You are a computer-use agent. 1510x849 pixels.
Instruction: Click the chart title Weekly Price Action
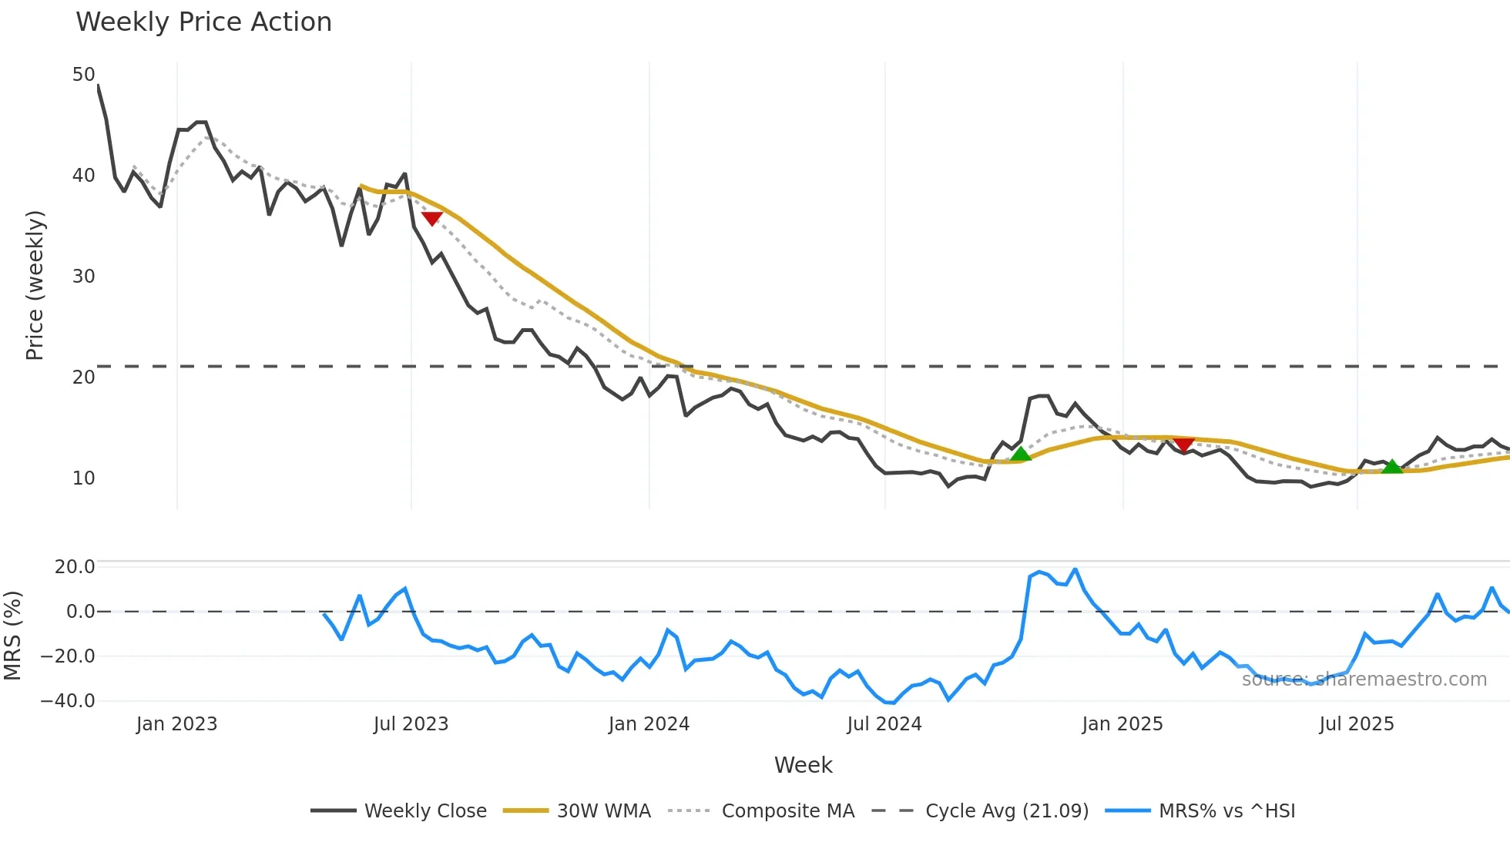[x=203, y=22]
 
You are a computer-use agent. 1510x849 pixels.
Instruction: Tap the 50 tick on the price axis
[x=83, y=75]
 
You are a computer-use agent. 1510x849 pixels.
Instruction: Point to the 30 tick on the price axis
[x=83, y=277]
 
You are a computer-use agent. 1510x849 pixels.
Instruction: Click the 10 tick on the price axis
[x=83, y=478]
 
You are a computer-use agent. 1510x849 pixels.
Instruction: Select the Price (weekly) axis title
[x=35, y=285]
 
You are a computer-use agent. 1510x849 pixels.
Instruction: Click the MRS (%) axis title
[x=12, y=636]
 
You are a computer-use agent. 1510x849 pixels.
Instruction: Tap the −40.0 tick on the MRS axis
[x=68, y=701]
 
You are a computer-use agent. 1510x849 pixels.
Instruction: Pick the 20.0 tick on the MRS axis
[x=74, y=567]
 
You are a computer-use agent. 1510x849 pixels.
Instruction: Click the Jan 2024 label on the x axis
[x=649, y=724]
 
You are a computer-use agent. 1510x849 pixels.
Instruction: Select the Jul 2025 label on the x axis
[x=1357, y=724]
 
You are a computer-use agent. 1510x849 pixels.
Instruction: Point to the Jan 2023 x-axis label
[x=176, y=724]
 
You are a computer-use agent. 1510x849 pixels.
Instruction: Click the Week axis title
[x=803, y=765]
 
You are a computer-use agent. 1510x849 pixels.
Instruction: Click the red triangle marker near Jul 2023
[x=431, y=218]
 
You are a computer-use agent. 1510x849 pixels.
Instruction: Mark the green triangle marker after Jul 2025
[x=1391, y=467]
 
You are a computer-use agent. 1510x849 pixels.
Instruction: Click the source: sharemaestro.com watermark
[x=1364, y=680]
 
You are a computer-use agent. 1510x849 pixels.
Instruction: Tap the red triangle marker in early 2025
[x=1183, y=445]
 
